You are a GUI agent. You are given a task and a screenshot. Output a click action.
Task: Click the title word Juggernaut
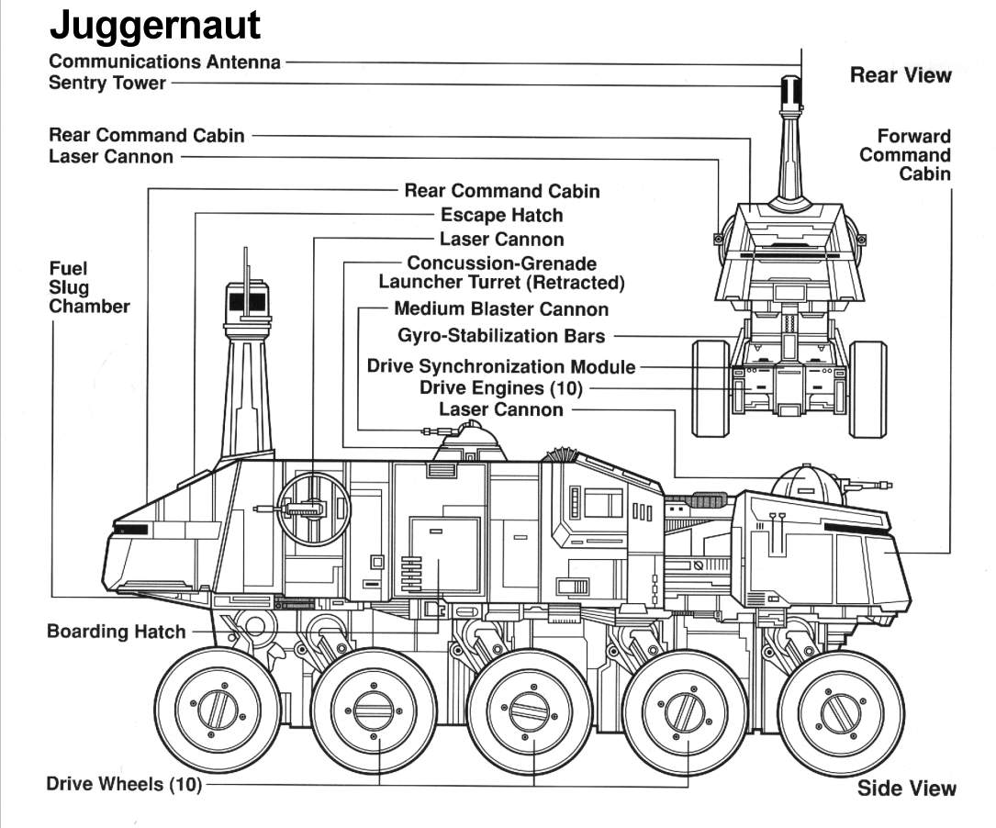(154, 25)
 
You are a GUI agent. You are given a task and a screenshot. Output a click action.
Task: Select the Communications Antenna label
(165, 62)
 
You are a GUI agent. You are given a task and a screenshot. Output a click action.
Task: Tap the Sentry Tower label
(107, 83)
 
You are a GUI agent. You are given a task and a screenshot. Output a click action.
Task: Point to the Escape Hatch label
(501, 215)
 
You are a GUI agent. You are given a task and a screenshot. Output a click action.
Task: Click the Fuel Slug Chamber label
(89, 287)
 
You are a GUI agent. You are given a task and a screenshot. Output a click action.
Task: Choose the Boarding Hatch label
(116, 632)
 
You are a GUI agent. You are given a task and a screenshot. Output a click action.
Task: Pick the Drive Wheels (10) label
(124, 785)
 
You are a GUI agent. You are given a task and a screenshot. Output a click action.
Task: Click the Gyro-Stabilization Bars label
(501, 336)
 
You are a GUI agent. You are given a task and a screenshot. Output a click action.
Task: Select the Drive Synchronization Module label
(500, 366)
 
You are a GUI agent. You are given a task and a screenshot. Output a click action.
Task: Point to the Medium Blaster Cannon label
(500, 309)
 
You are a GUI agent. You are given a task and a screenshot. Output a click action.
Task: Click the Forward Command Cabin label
(904, 155)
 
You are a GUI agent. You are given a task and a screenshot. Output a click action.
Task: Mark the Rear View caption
(901, 75)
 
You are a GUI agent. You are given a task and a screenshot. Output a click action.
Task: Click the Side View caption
(906, 788)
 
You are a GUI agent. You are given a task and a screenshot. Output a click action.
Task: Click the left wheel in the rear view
(711, 388)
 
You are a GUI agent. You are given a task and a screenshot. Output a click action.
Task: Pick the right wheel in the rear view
(867, 388)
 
